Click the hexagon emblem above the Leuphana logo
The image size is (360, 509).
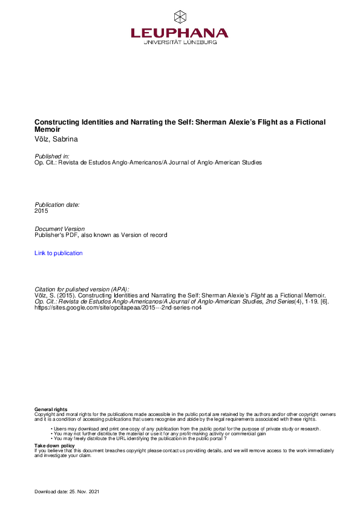[180, 16]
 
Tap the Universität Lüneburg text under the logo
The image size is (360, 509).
[180, 42]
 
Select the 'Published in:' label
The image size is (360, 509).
[53, 157]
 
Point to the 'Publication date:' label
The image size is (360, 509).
[57, 205]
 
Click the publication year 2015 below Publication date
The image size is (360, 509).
[41, 211]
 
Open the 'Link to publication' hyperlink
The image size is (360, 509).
[59, 253]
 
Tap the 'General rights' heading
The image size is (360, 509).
[51, 410]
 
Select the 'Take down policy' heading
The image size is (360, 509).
[55, 445]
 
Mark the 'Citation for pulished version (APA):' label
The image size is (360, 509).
[82, 290]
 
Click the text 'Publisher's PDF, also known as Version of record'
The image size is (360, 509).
[101, 235]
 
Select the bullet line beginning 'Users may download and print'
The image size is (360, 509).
[186, 429]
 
